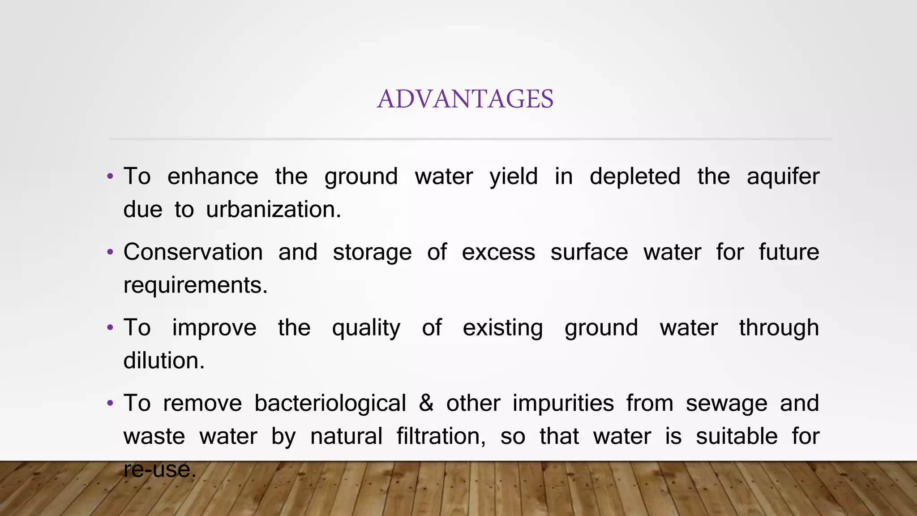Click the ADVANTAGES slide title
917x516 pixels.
465,99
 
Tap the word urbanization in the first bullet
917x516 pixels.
273,210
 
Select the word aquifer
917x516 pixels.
783,176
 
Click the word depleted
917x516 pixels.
634,176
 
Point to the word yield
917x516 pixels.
513,176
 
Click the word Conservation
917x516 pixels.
193,252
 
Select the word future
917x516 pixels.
788,252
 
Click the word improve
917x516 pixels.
214,328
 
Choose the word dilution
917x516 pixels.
164,361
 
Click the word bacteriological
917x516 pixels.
330,403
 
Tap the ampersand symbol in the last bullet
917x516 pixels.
426,403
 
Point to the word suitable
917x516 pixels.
737,436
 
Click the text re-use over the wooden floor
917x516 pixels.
160,469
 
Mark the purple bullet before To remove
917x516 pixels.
110,404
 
